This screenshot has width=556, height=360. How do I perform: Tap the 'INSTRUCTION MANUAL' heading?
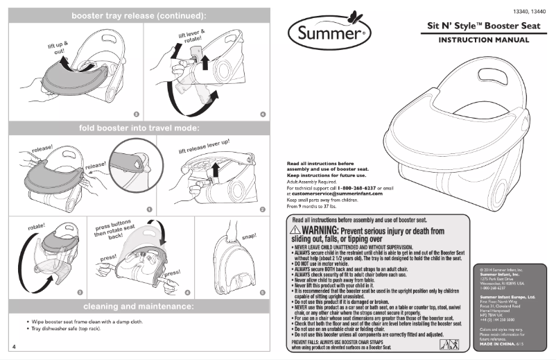click(483, 40)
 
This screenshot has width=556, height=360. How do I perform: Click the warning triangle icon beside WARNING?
click(295, 230)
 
